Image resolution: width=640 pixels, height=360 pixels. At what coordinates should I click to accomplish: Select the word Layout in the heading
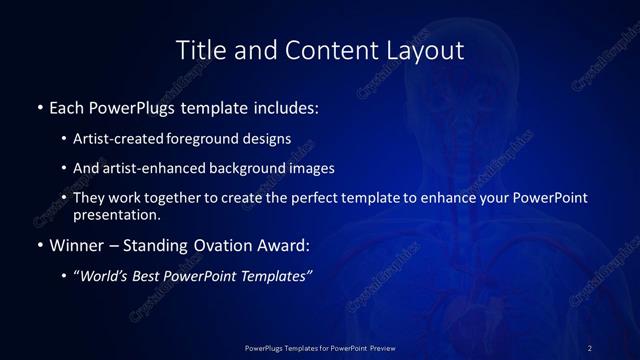pyautogui.click(x=426, y=50)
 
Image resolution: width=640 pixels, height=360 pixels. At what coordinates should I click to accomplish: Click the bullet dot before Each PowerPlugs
pyautogui.click(x=39, y=107)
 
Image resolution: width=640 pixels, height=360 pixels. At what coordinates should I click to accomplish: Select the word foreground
pyautogui.click(x=205, y=139)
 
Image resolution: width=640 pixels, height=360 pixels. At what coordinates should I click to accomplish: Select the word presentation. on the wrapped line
pyautogui.click(x=116, y=214)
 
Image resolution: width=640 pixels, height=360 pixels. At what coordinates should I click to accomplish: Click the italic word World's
pyautogui.click(x=105, y=277)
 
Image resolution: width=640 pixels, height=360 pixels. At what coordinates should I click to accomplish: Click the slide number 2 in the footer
pyautogui.click(x=590, y=347)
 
